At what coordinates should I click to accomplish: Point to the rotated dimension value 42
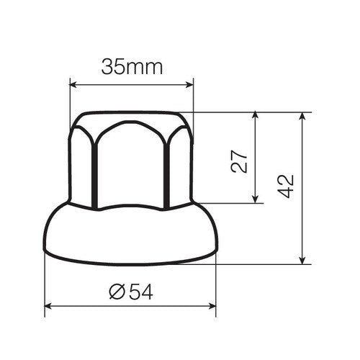(287, 185)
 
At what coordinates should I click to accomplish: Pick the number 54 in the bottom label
(141, 291)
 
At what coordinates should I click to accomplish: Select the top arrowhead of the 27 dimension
(256, 116)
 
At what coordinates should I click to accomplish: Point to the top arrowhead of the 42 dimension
(302, 116)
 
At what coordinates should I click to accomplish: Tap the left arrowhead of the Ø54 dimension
(49, 306)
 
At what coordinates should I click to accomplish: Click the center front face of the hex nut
(131, 166)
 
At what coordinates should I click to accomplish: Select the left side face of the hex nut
(82, 162)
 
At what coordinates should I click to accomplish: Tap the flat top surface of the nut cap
(132, 116)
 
